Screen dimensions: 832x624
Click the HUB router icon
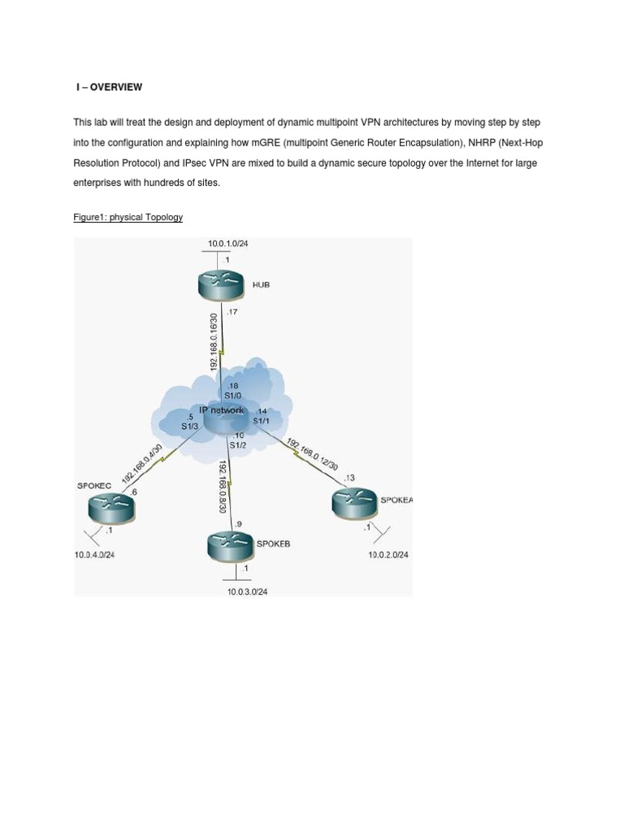(x=219, y=284)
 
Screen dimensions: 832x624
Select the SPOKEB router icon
(x=231, y=545)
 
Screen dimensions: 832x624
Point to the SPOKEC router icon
(x=111, y=509)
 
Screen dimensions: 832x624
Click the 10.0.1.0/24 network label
(x=228, y=243)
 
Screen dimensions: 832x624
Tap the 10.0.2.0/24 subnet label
(x=388, y=555)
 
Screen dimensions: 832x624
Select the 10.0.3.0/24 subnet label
(x=247, y=591)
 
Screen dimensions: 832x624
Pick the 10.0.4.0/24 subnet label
(x=100, y=555)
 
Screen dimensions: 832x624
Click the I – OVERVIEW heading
(x=109, y=87)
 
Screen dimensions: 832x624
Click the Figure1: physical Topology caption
(x=128, y=217)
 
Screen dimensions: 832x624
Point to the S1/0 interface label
(x=233, y=396)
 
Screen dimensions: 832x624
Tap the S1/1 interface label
(x=261, y=421)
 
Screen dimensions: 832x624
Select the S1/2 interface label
(x=237, y=444)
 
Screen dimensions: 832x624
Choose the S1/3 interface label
(x=189, y=426)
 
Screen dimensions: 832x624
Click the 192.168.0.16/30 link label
(x=214, y=342)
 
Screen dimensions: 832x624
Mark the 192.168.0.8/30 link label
(x=222, y=487)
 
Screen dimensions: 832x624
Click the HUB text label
(x=261, y=285)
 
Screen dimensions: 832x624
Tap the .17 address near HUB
(x=232, y=312)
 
